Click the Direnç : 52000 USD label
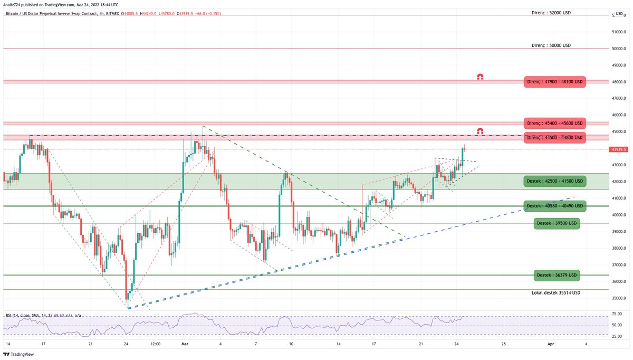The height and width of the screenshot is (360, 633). pyautogui.click(x=551, y=12)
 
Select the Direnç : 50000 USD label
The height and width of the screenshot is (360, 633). pyautogui.click(x=551, y=45)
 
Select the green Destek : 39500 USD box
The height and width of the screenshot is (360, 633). pyautogui.click(x=557, y=223)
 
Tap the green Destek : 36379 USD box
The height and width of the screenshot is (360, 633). pyautogui.click(x=557, y=275)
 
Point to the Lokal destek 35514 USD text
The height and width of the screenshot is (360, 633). pyautogui.click(x=556, y=292)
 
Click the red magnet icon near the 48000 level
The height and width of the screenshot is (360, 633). pyautogui.click(x=480, y=77)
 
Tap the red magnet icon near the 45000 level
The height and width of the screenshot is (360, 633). pyautogui.click(x=480, y=130)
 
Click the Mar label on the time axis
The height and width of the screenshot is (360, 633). pyautogui.click(x=184, y=344)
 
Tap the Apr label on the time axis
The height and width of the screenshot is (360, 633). pyautogui.click(x=550, y=344)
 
